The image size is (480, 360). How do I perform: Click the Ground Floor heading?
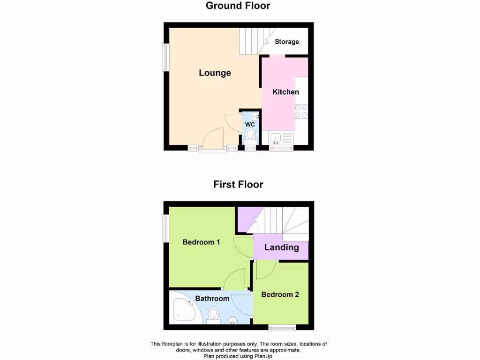coord(238,6)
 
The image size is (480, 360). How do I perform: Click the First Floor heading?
coord(238,184)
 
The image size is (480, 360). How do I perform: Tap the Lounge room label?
coord(215,73)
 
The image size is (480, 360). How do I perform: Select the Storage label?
coord(286,42)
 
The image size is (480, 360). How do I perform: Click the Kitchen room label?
coord(285,92)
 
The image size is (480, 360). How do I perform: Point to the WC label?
coord(250,124)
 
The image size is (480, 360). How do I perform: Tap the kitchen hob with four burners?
coord(301,111)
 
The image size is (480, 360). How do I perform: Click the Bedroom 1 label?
coord(201,242)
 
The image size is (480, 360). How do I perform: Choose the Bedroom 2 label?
coord(280,295)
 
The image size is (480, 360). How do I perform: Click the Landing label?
coord(281,247)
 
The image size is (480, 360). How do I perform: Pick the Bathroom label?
coord(212,299)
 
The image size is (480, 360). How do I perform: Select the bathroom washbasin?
coord(232,321)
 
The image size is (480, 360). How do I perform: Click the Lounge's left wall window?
coord(165,57)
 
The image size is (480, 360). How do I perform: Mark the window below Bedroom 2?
coord(282,327)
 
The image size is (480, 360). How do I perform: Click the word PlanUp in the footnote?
coord(262,356)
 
